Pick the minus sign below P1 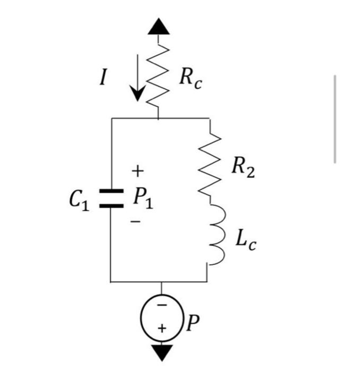point(137,223)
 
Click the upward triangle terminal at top point(159,26)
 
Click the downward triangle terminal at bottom point(160,352)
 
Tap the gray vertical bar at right point(336,119)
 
